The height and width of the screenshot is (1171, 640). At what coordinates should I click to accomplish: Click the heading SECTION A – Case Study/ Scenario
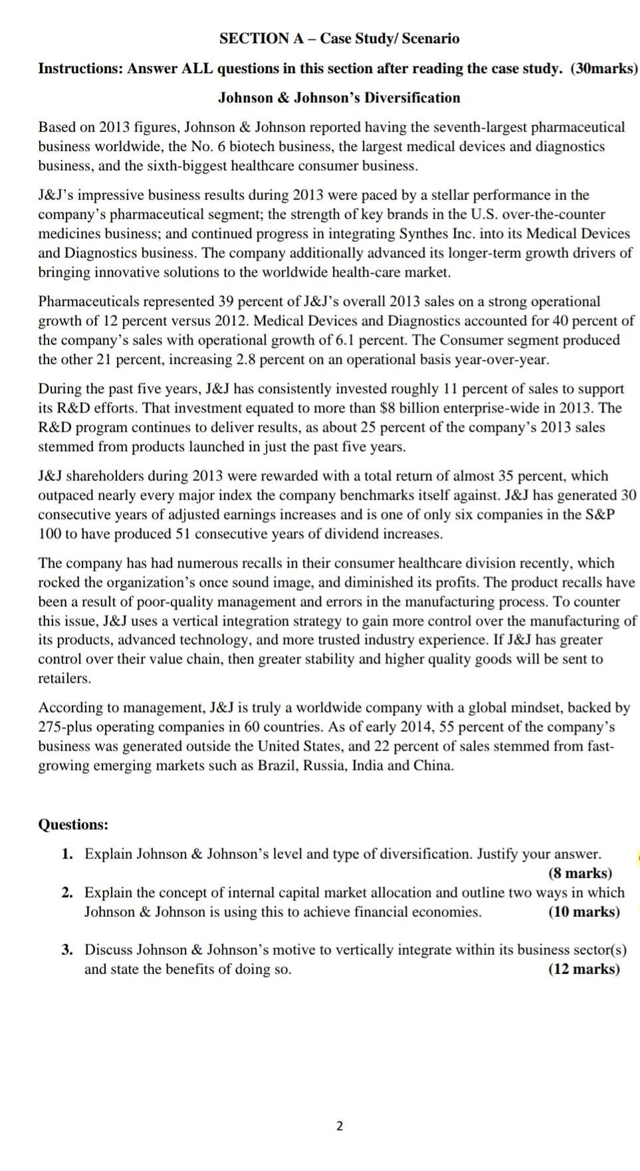[x=339, y=39]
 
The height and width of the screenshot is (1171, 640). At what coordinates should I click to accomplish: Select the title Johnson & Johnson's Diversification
[x=339, y=98]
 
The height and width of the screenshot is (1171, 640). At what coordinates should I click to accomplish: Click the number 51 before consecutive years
[x=183, y=534]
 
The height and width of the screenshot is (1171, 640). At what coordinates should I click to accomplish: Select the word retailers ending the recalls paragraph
[x=64, y=678]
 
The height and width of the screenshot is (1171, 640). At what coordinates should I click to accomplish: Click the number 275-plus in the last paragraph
[x=66, y=727]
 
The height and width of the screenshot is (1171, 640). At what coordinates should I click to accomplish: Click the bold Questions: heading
[x=73, y=824]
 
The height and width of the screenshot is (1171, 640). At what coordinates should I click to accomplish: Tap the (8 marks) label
[x=580, y=873]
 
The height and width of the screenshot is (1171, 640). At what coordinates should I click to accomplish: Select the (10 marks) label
[x=584, y=912]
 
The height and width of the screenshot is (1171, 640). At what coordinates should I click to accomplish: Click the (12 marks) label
[x=584, y=969]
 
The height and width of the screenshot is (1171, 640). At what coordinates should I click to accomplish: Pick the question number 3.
[x=67, y=949]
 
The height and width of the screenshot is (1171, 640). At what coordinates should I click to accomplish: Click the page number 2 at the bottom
[x=340, y=1126]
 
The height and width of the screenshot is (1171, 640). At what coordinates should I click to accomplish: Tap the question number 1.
[x=67, y=854]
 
